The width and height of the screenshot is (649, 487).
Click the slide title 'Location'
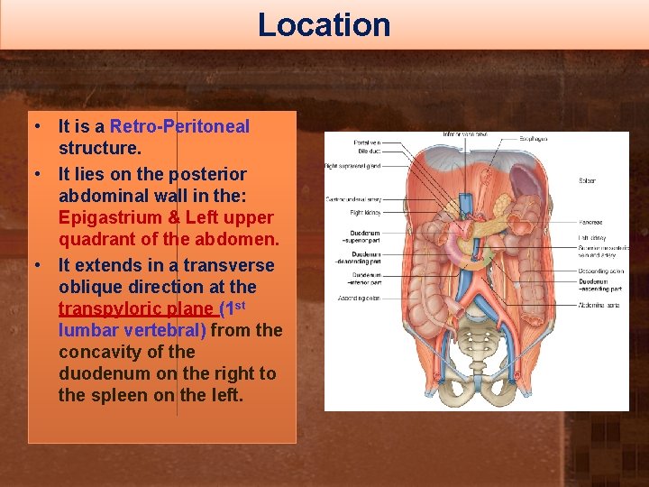coord(324,24)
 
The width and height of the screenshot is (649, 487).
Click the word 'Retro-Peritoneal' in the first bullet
coord(179,126)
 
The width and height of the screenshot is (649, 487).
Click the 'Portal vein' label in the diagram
coord(368,142)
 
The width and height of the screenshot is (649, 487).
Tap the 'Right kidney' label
coord(365,213)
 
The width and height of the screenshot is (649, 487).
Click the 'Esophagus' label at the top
coord(534,139)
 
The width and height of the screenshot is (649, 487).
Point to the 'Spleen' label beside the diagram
coord(587,181)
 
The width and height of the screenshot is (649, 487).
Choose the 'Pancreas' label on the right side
coord(590,222)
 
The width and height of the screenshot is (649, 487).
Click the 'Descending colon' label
coord(600,271)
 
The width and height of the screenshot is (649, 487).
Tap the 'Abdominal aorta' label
coord(599,305)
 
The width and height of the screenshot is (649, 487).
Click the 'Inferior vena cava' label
coord(464,134)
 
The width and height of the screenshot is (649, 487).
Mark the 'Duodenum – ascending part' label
coord(600,285)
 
